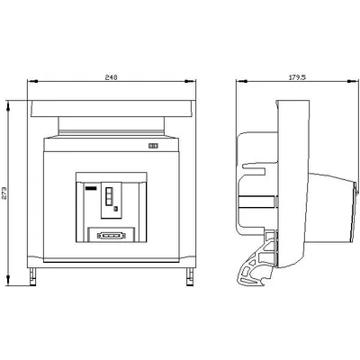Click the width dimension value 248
click(x=111, y=77)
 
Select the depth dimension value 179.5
click(x=297, y=77)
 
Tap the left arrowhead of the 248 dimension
click(x=32, y=81)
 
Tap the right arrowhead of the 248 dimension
click(x=190, y=81)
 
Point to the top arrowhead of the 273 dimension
click(x=8, y=106)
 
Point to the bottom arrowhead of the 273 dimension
click(x=8, y=280)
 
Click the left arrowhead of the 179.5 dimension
click(x=241, y=81)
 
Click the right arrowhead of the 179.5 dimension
click(x=353, y=81)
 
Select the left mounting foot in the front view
click(x=32, y=276)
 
